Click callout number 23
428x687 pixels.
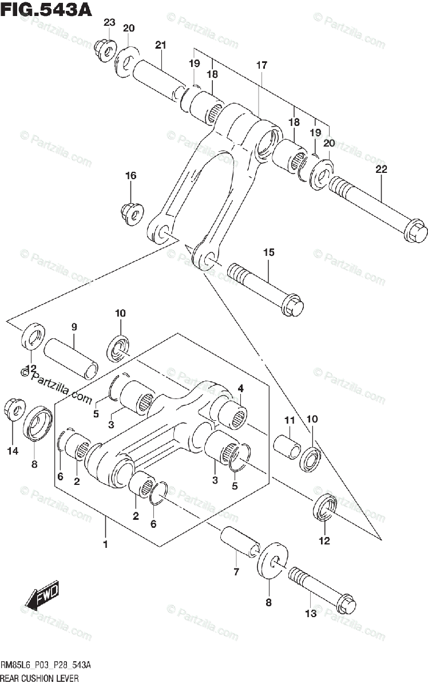[x=109, y=23]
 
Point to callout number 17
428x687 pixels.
[x=261, y=66]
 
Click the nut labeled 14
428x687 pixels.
[x=13, y=410]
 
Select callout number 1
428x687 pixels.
[x=105, y=544]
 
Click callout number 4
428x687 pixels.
[x=241, y=388]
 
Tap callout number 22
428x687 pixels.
[x=381, y=169]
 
